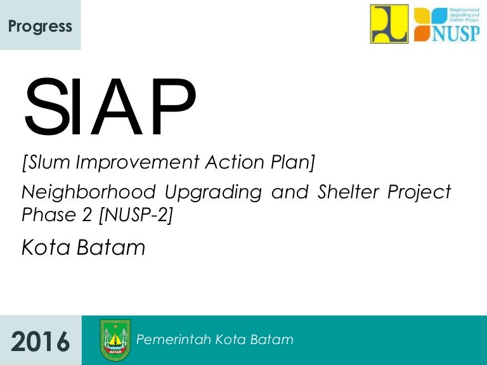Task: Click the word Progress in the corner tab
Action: point(40,27)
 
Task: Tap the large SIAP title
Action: point(110,106)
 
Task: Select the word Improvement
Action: point(137,162)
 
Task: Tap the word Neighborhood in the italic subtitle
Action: point(89,191)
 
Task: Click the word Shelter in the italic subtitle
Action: point(348,191)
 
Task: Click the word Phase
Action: point(49,214)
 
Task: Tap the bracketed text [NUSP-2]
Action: point(136,215)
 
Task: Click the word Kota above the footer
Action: point(46,247)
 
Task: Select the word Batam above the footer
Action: point(111,247)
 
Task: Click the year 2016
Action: point(41,342)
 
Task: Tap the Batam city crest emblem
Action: point(115,340)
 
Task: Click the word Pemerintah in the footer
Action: point(174,340)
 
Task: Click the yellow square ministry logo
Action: point(389,24)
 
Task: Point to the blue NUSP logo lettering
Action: point(456,33)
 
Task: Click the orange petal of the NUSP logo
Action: point(422,34)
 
